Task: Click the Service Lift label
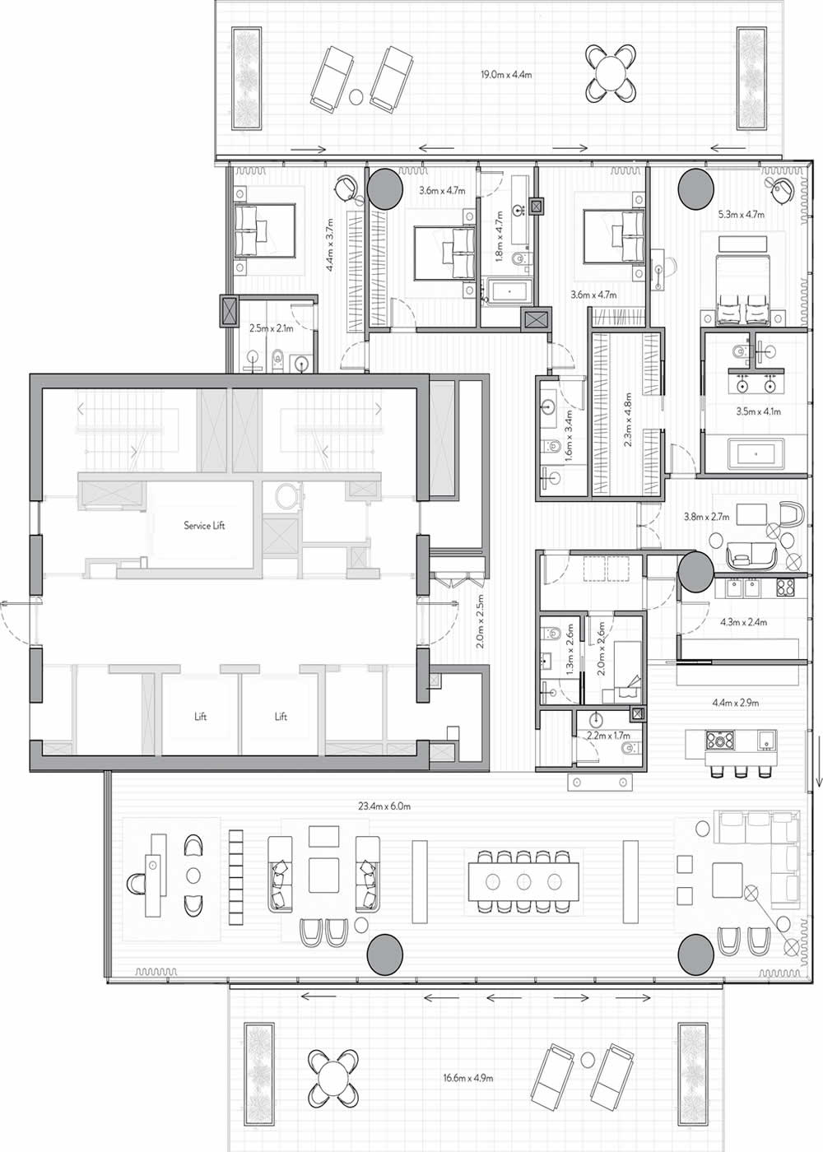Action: coord(204,525)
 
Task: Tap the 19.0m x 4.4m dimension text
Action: coord(506,75)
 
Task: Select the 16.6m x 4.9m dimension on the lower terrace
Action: coord(467,1077)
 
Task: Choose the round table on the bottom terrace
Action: coord(333,1076)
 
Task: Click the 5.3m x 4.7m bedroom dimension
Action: coord(741,214)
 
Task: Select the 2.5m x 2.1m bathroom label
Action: coord(271,327)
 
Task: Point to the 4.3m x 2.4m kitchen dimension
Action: coord(743,622)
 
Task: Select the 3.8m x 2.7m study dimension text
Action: coord(706,518)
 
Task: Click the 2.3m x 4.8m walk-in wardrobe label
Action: coord(628,420)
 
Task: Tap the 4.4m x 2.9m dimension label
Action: coord(735,703)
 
